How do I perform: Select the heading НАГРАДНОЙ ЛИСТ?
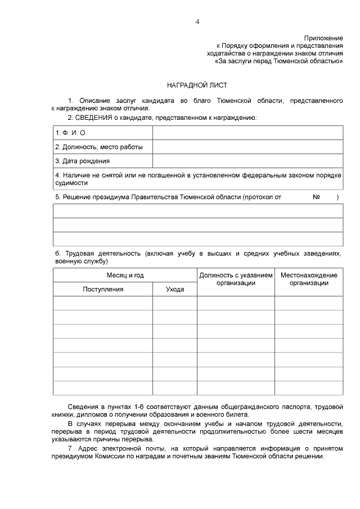[197, 85]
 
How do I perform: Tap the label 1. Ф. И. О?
[71, 133]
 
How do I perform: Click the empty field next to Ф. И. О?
[247, 133]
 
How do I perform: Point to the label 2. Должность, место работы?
[98, 147]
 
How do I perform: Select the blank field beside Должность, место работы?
[247, 147]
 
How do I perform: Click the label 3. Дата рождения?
[82, 161]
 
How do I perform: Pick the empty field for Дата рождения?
[247, 161]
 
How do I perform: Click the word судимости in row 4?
[71, 183]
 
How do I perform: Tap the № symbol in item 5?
[317, 197]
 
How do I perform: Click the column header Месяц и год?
[125, 275]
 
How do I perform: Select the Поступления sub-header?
[103, 289]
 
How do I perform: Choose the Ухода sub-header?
[175, 289]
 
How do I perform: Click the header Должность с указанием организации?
[236, 279]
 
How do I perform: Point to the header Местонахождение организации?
[309, 279]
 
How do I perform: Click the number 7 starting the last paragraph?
[70, 448]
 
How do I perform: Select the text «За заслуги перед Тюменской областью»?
[279, 60]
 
